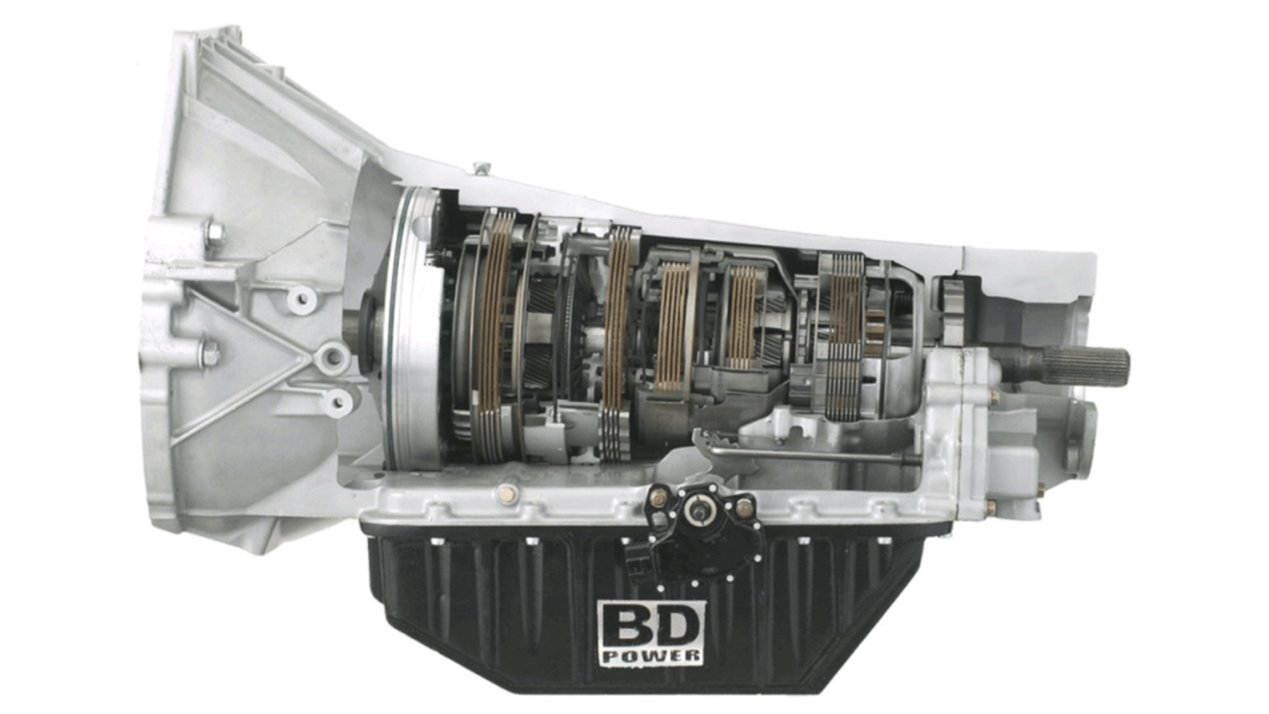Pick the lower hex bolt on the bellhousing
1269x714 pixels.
(x=209, y=351)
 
